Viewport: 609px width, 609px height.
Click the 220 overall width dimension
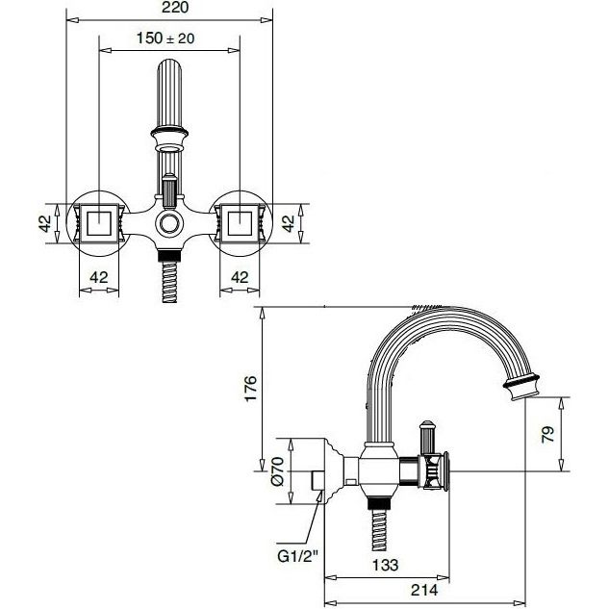175,8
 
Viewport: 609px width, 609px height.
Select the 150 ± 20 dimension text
165,38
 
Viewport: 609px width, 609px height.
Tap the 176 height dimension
250,388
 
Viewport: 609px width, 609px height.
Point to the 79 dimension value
547,434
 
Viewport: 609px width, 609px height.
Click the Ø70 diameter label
277,471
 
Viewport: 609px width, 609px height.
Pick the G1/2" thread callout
297,556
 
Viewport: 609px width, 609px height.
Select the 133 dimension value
385,565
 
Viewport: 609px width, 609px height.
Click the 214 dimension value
424,590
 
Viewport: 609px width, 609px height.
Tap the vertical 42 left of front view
45,223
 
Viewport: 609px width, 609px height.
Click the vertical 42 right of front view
289,223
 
